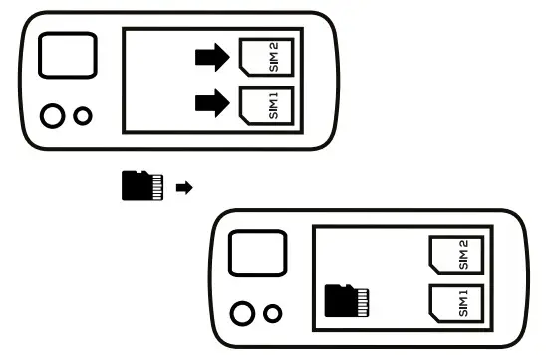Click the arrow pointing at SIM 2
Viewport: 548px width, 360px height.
click(x=211, y=58)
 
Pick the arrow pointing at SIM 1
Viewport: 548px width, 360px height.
click(x=211, y=101)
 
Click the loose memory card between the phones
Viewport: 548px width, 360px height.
click(x=140, y=185)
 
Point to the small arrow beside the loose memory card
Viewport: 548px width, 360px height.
click(x=182, y=186)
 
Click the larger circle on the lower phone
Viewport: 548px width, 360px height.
click(x=241, y=315)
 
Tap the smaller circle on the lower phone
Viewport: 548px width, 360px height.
click(x=271, y=315)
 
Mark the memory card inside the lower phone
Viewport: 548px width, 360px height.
click(x=347, y=297)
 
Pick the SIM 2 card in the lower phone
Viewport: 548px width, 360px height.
click(x=454, y=258)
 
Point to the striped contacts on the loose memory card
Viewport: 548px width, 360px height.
click(x=156, y=185)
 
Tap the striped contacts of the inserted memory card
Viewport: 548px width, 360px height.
click(x=363, y=297)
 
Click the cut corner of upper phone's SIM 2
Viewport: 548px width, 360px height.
click(x=245, y=43)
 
